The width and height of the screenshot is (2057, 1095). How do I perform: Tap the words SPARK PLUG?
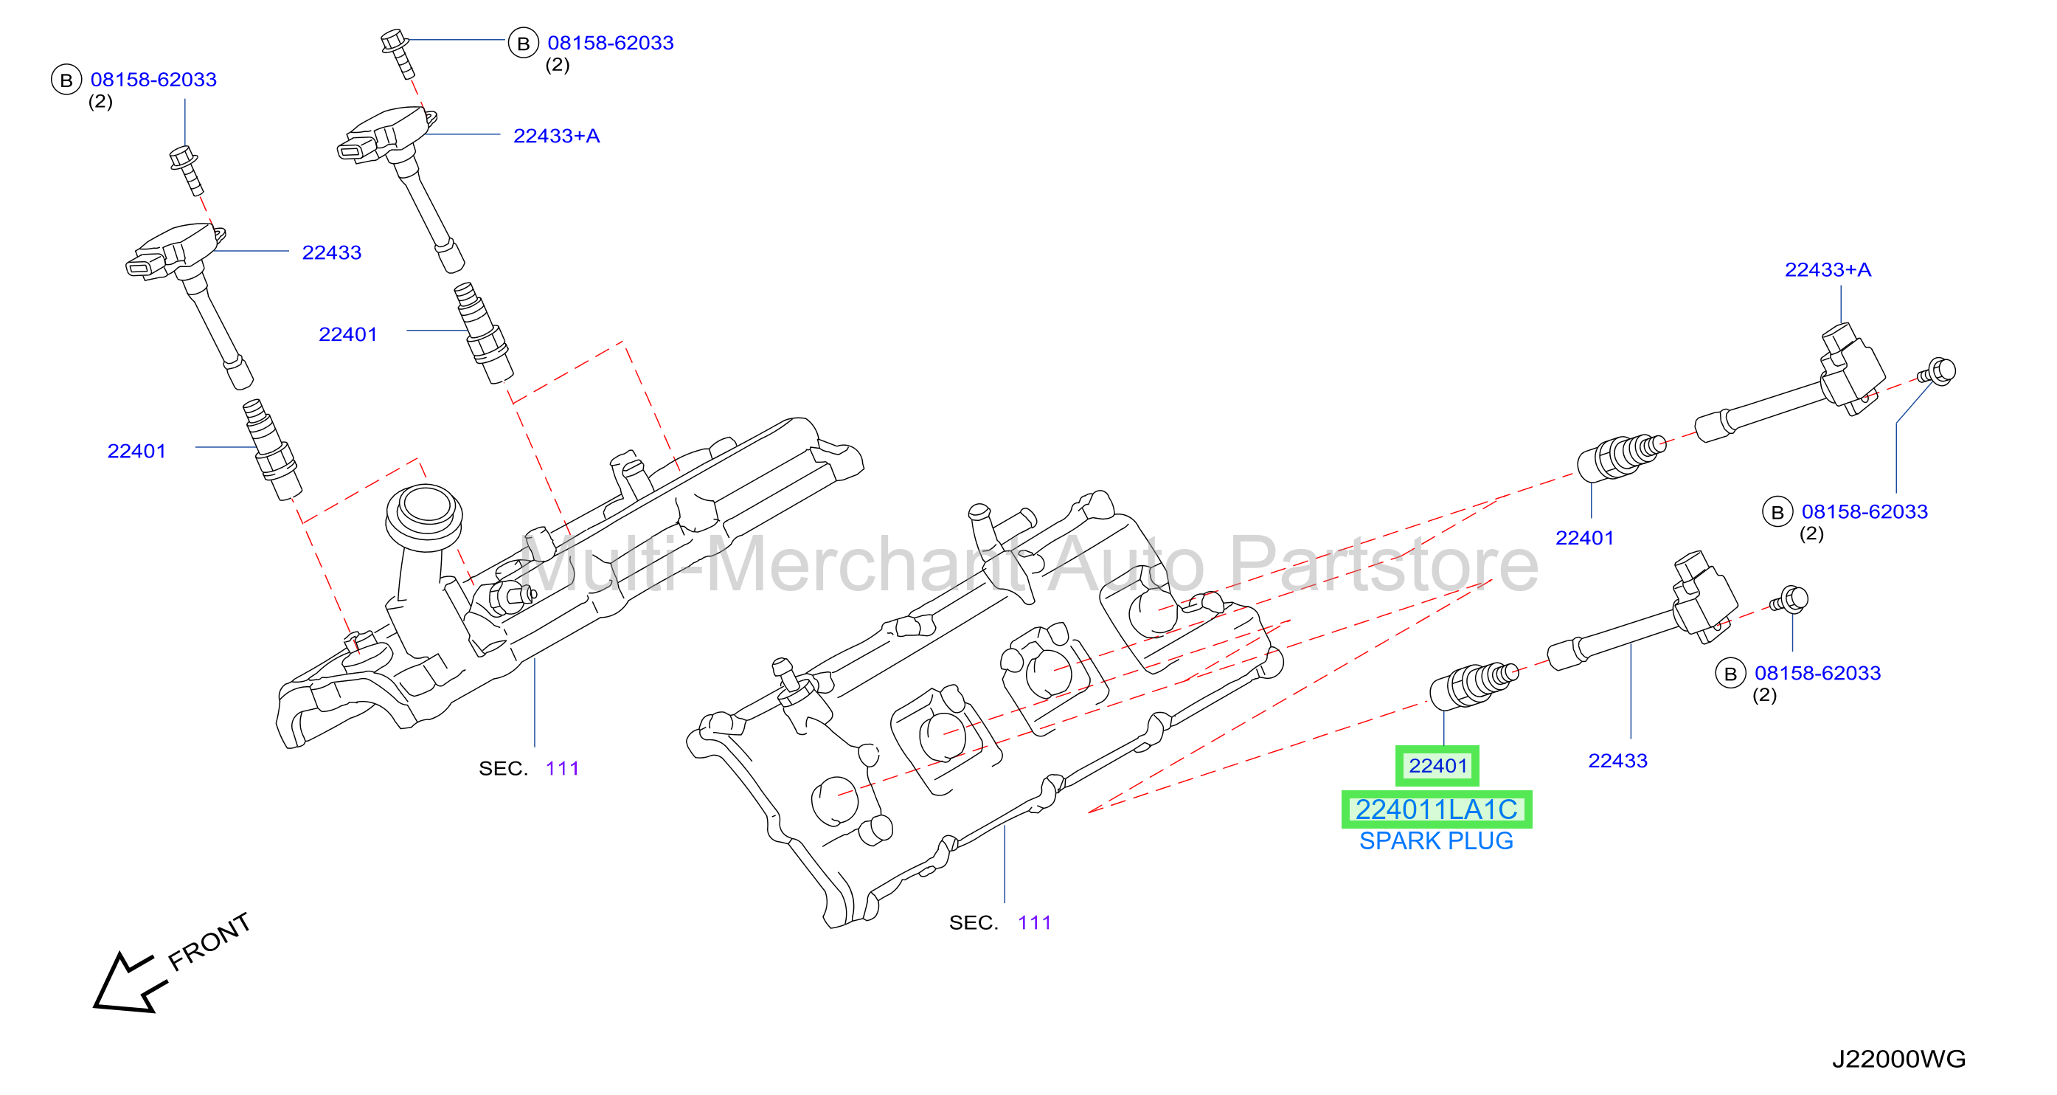(x=1436, y=841)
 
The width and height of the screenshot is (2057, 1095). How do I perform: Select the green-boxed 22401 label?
(x=1437, y=766)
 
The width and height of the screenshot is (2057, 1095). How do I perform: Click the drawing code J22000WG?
(x=1898, y=1059)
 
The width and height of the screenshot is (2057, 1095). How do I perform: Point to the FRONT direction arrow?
(x=129, y=982)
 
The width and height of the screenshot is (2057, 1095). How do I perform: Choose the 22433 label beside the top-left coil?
(x=331, y=252)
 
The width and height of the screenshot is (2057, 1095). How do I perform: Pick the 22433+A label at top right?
(x=1828, y=270)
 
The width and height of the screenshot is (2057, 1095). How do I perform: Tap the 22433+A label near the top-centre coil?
(x=557, y=136)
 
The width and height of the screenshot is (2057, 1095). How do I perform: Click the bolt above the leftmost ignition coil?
(x=186, y=169)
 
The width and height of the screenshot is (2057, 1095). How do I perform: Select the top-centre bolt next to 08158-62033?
(x=398, y=52)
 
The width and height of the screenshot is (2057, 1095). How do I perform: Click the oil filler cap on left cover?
(x=424, y=517)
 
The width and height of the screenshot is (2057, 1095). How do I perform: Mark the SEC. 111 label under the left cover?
(x=529, y=768)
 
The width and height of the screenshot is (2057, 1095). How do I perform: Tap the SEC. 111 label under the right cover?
(x=1000, y=922)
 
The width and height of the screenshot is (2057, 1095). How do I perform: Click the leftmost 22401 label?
(x=136, y=452)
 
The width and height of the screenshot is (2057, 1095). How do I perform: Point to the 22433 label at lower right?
(x=1618, y=760)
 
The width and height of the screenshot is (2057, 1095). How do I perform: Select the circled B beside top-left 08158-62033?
(x=66, y=80)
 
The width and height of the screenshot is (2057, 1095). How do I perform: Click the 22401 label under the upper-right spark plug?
(x=1584, y=539)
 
